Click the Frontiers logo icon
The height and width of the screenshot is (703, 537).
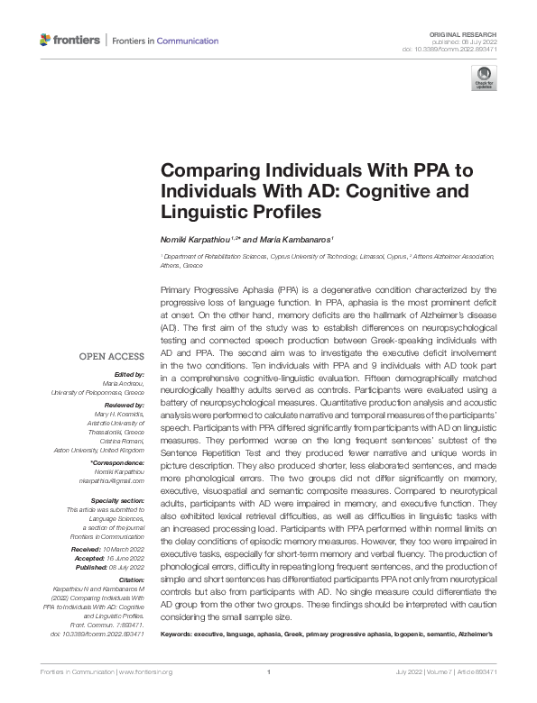tap(46, 41)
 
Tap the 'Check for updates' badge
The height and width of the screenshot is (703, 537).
tap(484, 77)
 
